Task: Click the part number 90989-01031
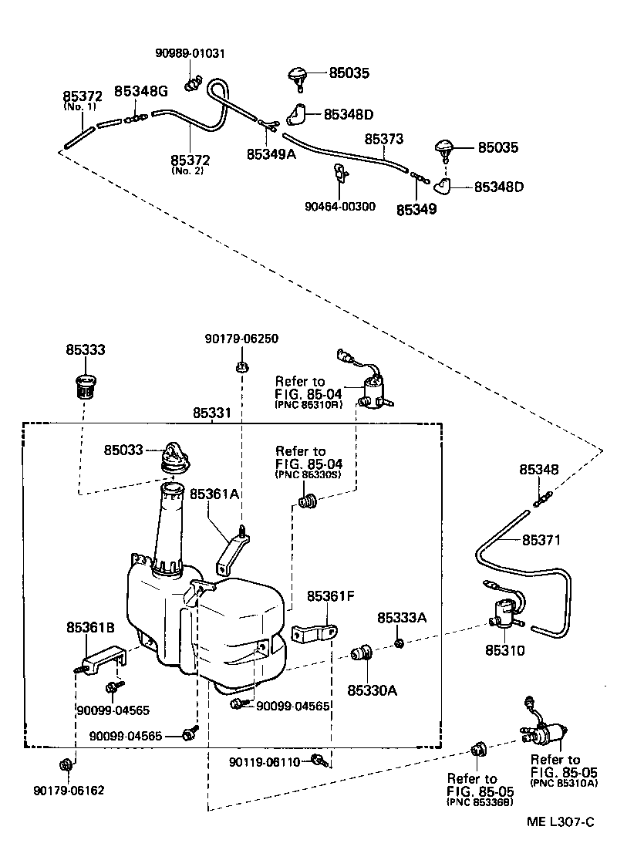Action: click(189, 53)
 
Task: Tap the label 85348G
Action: click(141, 91)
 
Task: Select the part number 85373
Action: click(384, 139)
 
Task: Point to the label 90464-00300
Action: click(340, 206)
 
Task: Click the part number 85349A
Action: click(271, 153)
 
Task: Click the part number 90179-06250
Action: click(241, 339)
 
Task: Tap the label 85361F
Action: click(331, 596)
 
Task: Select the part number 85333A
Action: click(400, 618)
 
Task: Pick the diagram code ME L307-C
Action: click(560, 823)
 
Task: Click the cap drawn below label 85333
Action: click(84, 384)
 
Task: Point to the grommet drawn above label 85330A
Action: click(361, 654)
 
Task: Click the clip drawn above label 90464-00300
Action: click(340, 176)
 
